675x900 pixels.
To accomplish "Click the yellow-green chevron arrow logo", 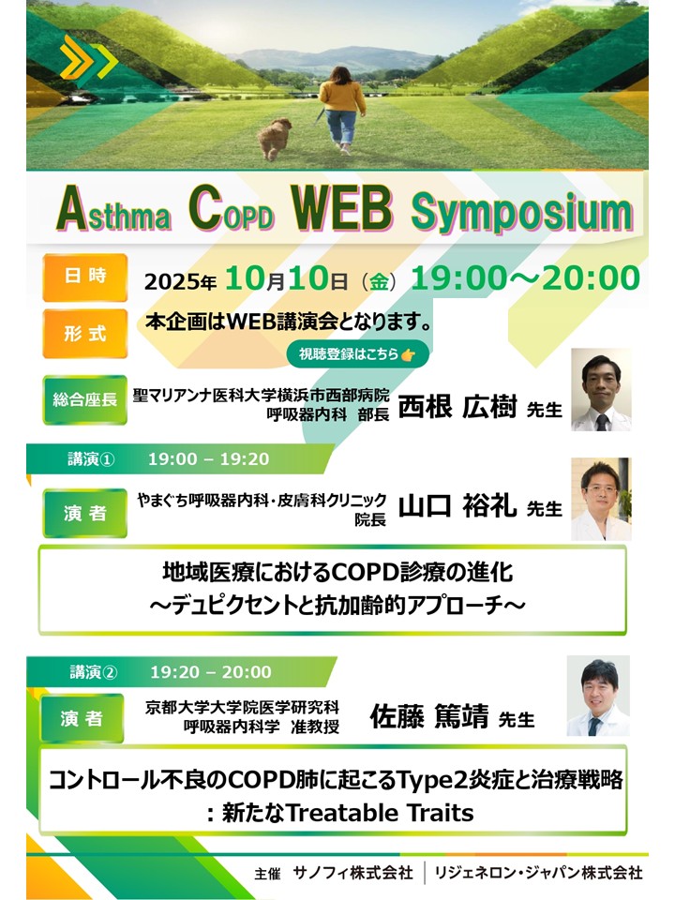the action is [88, 58].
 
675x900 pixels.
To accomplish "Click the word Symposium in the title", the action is [522, 212].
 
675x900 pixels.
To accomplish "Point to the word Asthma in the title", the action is [113, 210].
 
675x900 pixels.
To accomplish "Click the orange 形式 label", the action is [85, 333].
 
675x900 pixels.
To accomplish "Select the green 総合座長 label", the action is [85, 399].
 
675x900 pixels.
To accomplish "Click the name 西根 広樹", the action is [457, 406].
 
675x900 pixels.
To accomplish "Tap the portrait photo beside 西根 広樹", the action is [601, 390].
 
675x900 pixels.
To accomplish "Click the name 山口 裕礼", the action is [457, 505].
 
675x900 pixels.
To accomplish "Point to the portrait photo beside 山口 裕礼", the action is [601, 499].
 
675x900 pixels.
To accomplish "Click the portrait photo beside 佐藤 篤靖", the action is [598, 696].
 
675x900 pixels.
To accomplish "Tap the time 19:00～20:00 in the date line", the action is [526, 277].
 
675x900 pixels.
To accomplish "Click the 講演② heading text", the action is [94, 671].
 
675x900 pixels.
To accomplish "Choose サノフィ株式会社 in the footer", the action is [353, 873].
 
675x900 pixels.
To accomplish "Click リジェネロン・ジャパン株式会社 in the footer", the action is [538, 873].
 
